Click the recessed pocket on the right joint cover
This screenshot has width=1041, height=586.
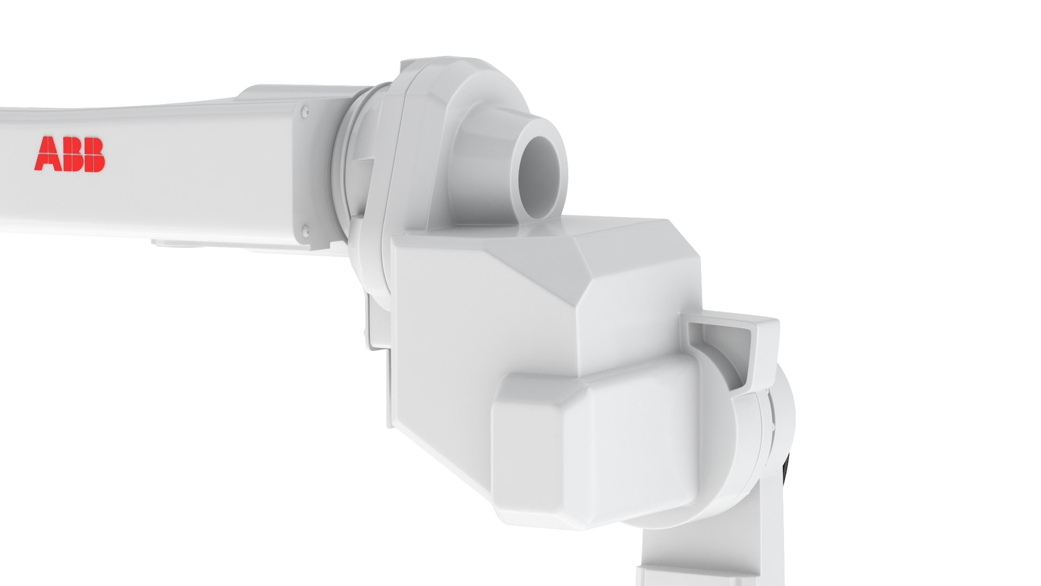pos(719,353)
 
